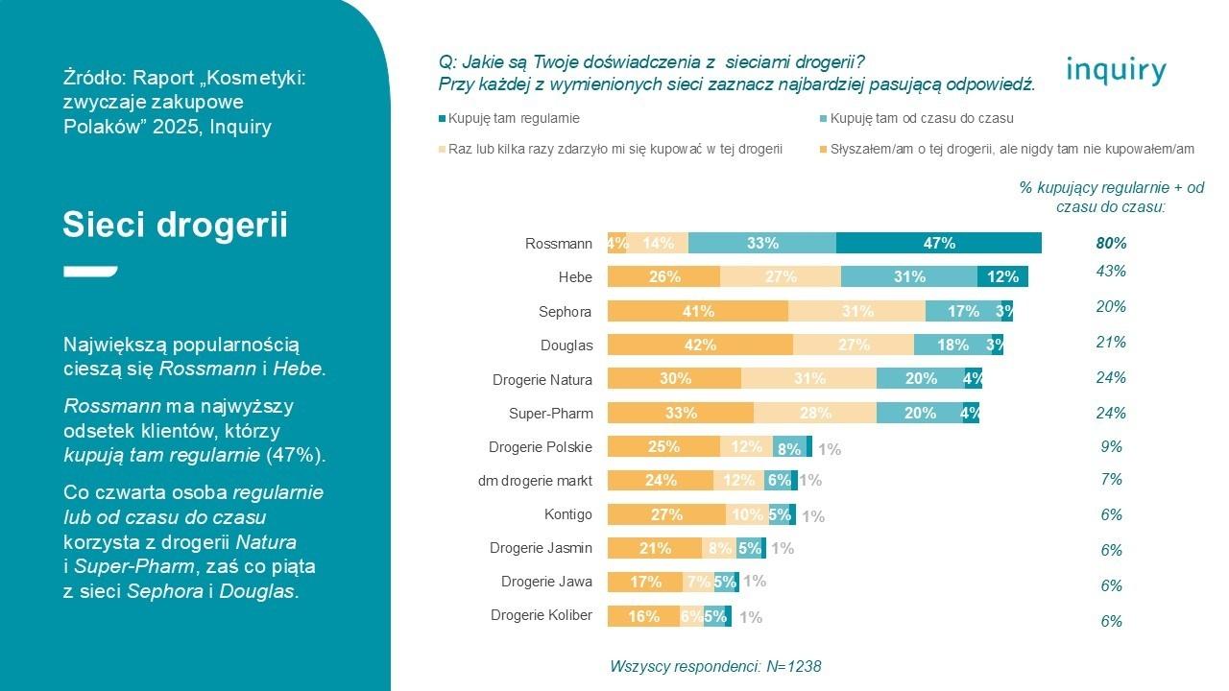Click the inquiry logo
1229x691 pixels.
point(1116,71)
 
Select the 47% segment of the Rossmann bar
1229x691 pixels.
point(938,244)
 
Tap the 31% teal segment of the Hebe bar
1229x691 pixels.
point(908,277)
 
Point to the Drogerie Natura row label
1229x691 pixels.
point(542,380)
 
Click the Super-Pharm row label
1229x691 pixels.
point(550,414)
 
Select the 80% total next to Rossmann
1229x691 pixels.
point(1111,244)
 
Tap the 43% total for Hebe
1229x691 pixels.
point(1111,272)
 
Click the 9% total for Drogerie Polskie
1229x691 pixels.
point(1111,446)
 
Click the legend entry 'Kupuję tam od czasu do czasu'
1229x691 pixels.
point(922,119)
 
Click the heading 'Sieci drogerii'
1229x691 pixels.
point(175,226)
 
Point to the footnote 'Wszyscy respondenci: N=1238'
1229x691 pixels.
point(715,666)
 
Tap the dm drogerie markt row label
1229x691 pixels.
point(535,480)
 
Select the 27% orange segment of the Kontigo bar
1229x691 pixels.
point(666,514)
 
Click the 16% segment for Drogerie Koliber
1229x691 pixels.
point(643,617)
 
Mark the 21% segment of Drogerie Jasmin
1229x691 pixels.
point(654,548)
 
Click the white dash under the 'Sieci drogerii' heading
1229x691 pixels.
point(90,272)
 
